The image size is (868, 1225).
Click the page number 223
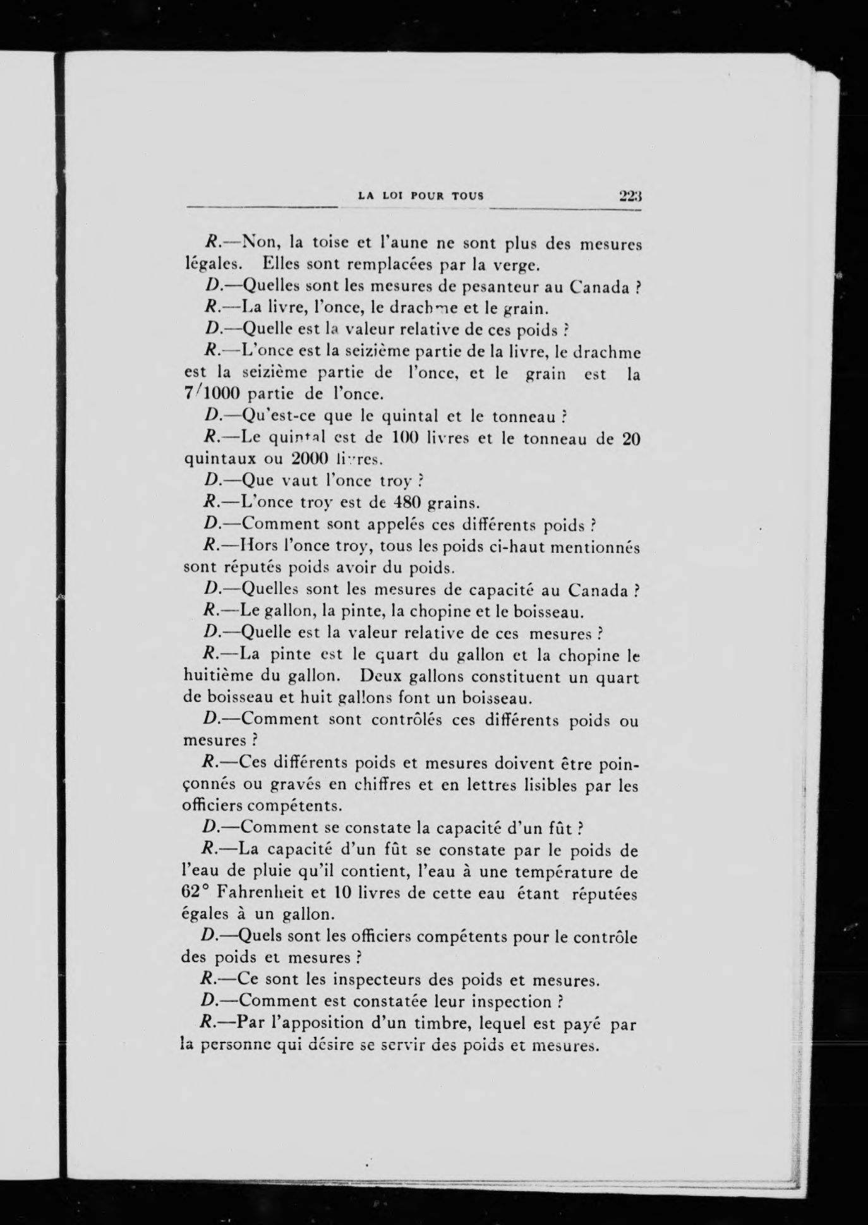pyautogui.click(x=629, y=196)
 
